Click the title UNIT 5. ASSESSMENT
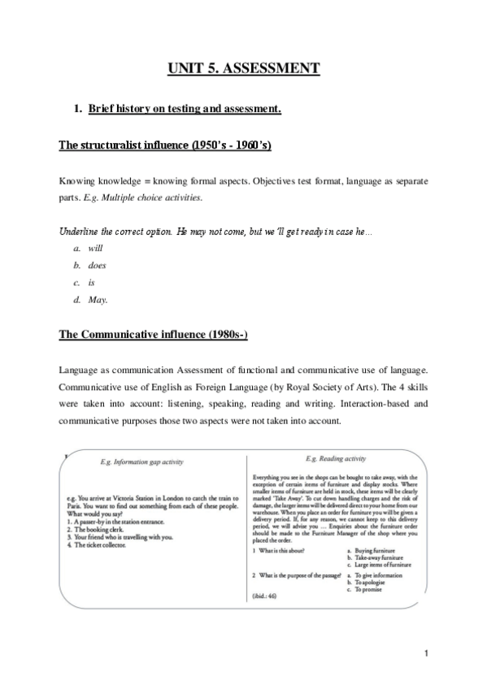243,67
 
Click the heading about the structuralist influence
166,145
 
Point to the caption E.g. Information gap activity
144,461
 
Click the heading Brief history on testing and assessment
185,108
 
